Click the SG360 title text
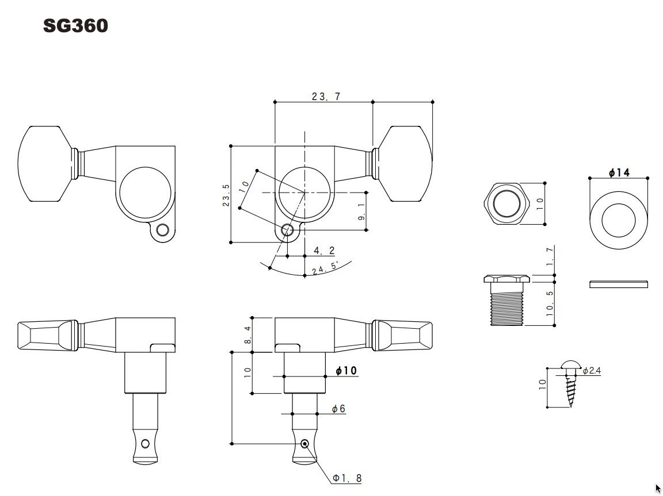pyautogui.click(x=75, y=26)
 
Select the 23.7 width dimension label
pyautogui.click(x=326, y=97)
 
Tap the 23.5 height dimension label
pyautogui.click(x=227, y=195)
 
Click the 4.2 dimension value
pyautogui.click(x=324, y=251)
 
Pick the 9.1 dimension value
pyautogui.click(x=361, y=212)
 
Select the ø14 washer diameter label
pyautogui.click(x=619, y=172)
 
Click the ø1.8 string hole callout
pyautogui.click(x=347, y=478)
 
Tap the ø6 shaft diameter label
pyautogui.click(x=338, y=409)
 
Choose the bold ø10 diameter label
pyautogui.click(x=346, y=371)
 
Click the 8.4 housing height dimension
pyautogui.click(x=247, y=334)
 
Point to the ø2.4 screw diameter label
pyautogui.click(x=592, y=371)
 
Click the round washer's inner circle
pyautogui.click(x=619, y=220)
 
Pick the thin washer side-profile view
pyautogui.click(x=619, y=284)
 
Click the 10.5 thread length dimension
pyautogui.click(x=550, y=303)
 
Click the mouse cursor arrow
pyautogui.click(x=658, y=489)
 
